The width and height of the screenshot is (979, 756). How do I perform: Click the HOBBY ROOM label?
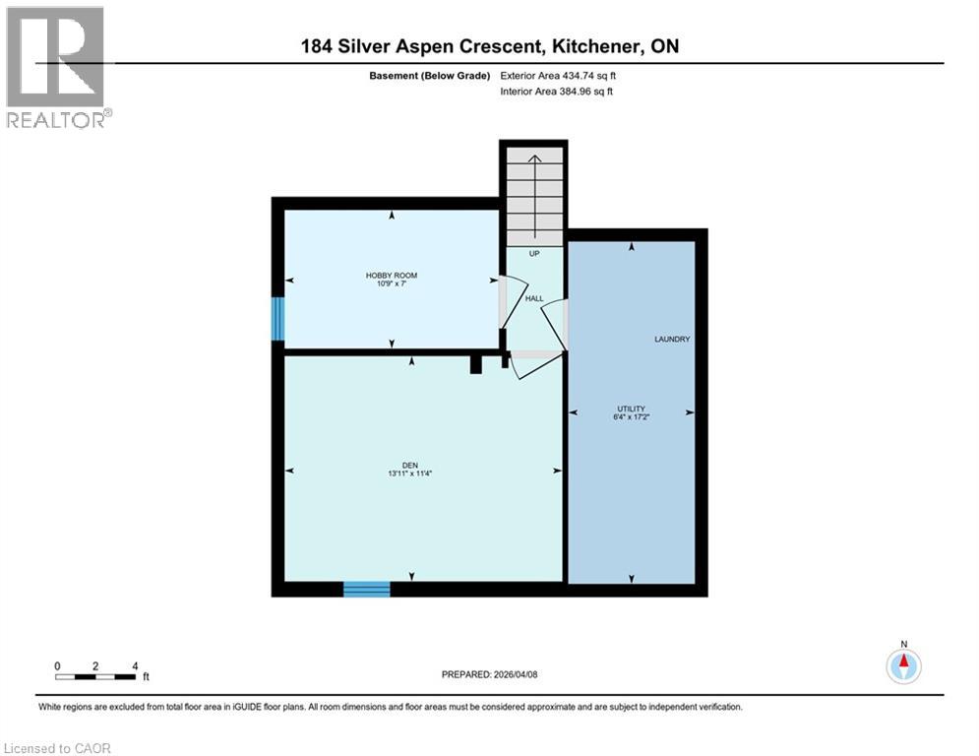pyautogui.click(x=392, y=275)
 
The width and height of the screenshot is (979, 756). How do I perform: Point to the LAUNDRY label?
pyautogui.click(x=672, y=339)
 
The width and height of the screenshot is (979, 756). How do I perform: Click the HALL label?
pyautogui.click(x=533, y=298)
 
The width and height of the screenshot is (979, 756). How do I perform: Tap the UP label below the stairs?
pyautogui.click(x=534, y=253)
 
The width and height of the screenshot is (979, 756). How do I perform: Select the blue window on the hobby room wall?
pyautogui.click(x=278, y=318)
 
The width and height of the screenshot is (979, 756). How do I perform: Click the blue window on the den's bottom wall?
pyautogui.click(x=366, y=589)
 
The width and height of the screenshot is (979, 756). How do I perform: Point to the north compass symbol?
pyautogui.click(x=902, y=665)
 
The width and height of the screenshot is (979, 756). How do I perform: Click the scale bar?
pyautogui.click(x=95, y=676)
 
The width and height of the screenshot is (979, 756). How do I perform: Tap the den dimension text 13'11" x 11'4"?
pyautogui.click(x=410, y=473)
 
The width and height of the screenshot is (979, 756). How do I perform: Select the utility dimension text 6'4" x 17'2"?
pyautogui.click(x=631, y=416)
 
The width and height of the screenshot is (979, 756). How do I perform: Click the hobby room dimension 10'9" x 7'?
pyautogui.click(x=392, y=284)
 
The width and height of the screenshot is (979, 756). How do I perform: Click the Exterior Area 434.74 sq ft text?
pyautogui.click(x=558, y=75)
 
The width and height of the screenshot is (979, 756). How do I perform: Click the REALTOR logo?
pyautogui.click(x=55, y=66)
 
